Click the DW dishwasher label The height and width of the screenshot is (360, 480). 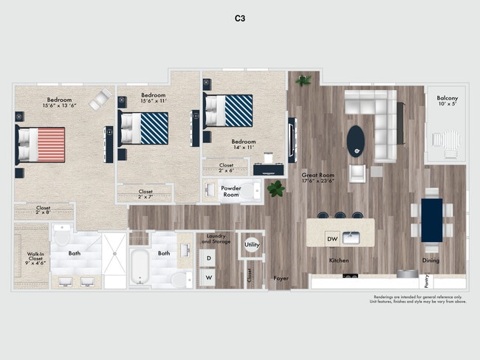pyautogui.click(x=332, y=238)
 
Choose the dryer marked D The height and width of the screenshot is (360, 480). pyautogui.click(x=209, y=257)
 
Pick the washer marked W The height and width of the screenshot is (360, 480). pyautogui.click(x=209, y=277)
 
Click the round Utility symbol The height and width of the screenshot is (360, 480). pyautogui.click(x=252, y=244)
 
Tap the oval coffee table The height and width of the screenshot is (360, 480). pyautogui.click(x=356, y=139)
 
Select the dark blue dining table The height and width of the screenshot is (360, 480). pyautogui.click(x=432, y=219)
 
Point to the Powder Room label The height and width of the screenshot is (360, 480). pyautogui.click(x=231, y=191)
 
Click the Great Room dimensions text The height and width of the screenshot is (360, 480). pyautogui.click(x=318, y=180)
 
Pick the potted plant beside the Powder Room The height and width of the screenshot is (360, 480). pyautogui.click(x=276, y=189)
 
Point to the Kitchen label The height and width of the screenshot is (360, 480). pyautogui.click(x=339, y=260)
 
